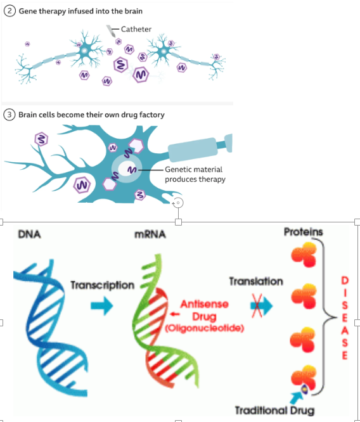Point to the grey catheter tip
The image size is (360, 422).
pos(113,30)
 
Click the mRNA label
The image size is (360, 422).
pos(150,234)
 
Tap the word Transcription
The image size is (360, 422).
pos(102,285)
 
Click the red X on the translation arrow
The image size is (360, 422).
pos(257,306)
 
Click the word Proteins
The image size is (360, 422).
pos(303,231)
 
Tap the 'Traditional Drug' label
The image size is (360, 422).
pos(274,410)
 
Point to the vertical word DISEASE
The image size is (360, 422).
pos(344,317)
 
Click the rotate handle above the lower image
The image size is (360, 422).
pos(178,203)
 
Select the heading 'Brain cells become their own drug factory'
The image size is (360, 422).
pos(91,115)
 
